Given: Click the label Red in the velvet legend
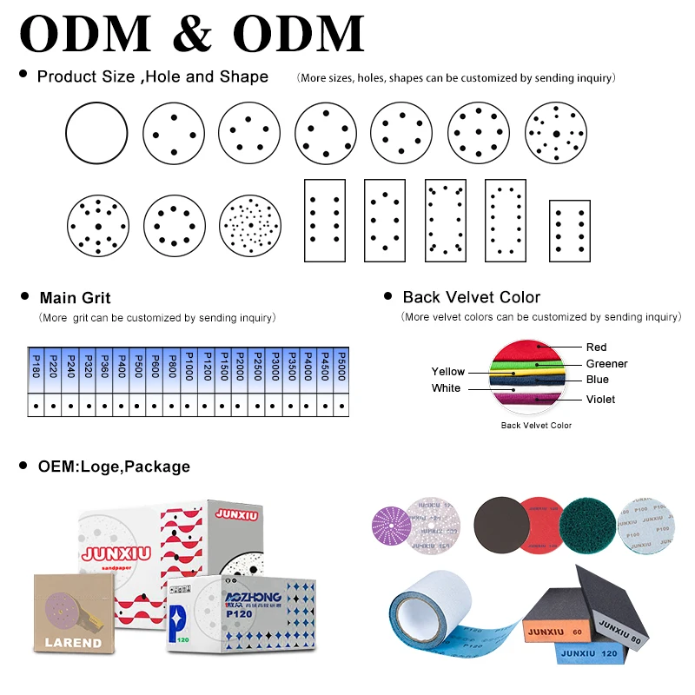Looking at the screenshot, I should pyautogui.click(x=596, y=347).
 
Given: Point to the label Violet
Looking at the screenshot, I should pyautogui.click(x=600, y=400).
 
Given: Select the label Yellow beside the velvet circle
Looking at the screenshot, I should pyautogui.click(x=448, y=372).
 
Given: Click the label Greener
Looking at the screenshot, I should pyautogui.click(x=606, y=364).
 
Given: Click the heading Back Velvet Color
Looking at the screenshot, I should pyautogui.click(x=471, y=298).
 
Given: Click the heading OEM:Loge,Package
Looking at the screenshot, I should pyautogui.click(x=113, y=467).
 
